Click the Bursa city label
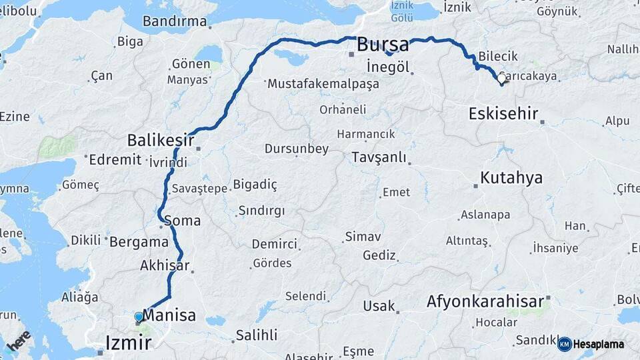point(383,45)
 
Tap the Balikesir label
point(161,141)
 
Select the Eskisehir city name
point(503,113)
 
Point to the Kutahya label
point(511,178)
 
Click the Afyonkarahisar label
point(485,302)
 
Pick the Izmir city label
point(128,343)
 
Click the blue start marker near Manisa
point(139,317)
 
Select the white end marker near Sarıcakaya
point(501,79)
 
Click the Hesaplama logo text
point(599,345)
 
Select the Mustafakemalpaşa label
point(323,85)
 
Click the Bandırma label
point(175,21)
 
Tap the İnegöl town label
point(387,67)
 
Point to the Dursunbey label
point(296,149)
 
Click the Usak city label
point(379,307)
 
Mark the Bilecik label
point(499,57)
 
